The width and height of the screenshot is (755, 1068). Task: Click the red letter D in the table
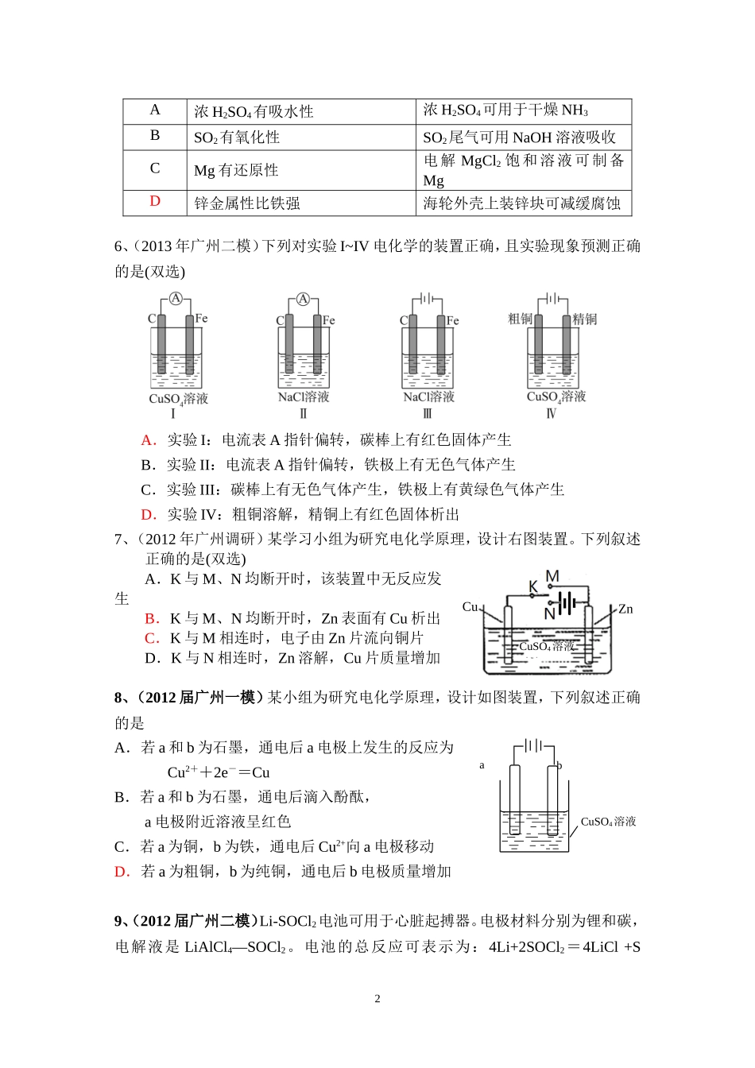[155, 202]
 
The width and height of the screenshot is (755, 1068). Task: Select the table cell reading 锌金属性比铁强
[247, 203]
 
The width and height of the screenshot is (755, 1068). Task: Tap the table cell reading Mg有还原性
[236, 170]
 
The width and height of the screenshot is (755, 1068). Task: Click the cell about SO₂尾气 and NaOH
[519, 137]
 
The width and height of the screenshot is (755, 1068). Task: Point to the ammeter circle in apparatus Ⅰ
[176, 299]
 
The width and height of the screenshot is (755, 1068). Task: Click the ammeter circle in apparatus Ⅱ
[303, 299]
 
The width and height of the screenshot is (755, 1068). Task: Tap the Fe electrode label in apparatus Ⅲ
[453, 320]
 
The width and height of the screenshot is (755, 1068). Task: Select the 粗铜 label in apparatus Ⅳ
[520, 319]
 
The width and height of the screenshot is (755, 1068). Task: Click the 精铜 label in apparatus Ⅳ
[585, 319]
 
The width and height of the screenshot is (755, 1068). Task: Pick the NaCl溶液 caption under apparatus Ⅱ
[304, 397]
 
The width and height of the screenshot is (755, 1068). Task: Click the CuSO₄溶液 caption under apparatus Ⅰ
[178, 398]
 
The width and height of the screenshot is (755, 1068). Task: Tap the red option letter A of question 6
[148, 440]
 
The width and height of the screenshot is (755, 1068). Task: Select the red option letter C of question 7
[151, 638]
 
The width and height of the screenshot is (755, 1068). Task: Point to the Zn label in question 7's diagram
[625, 609]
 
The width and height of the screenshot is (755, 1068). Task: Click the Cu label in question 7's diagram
[470, 607]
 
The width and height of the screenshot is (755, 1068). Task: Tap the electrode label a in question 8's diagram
[482, 765]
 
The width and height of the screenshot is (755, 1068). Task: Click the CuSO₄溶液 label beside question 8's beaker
[608, 822]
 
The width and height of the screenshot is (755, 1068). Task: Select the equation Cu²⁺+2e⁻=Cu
[219, 772]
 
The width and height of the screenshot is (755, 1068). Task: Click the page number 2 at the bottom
[377, 999]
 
